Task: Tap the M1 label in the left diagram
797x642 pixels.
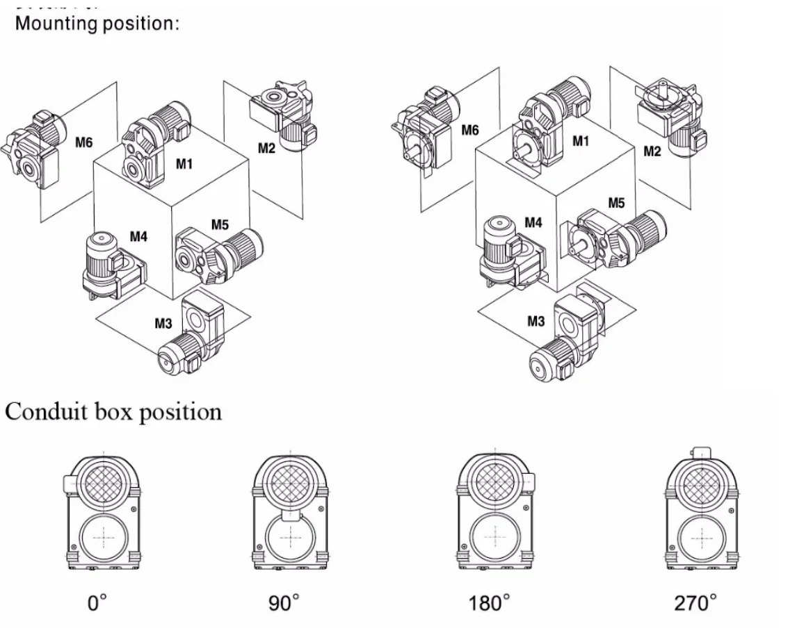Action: [184, 164]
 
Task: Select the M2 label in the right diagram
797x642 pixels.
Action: [652, 152]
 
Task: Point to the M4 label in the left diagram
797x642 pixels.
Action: [139, 237]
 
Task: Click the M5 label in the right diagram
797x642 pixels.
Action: [616, 203]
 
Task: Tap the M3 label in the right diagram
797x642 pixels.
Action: [536, 321]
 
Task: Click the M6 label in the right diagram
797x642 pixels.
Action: [470, 130]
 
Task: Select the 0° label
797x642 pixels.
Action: [97, 603]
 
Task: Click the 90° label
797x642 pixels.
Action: [284, 603]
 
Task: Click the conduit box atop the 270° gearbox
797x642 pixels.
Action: [701, 452]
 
